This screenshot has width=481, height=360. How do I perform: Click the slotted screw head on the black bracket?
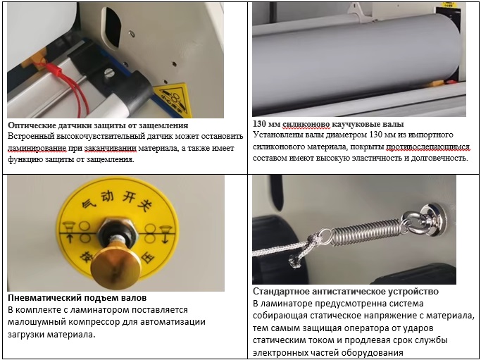tap(109, 73)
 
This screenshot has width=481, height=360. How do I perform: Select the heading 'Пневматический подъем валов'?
tap(77, 298)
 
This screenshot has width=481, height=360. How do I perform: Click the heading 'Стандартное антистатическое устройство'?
tap(346, 291)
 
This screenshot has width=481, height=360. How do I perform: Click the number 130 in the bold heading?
tap(259, 124)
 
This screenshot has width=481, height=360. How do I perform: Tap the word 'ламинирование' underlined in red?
tap(37, 148)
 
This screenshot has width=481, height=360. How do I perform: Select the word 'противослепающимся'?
tap(427, 147)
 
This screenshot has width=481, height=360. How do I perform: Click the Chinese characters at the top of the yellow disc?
tap(118, 201)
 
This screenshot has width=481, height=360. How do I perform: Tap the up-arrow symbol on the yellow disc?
tap(69, 238)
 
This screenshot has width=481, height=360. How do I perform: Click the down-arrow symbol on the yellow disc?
tap(165, 238)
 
